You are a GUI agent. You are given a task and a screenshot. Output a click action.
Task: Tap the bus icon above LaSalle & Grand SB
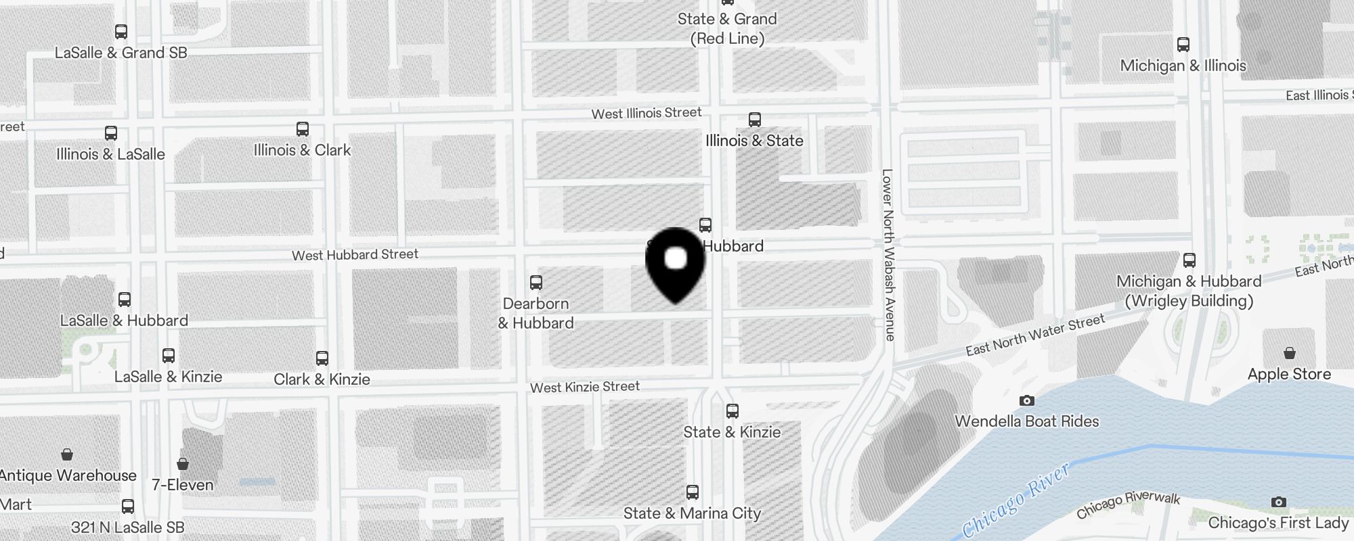tap(121, 32)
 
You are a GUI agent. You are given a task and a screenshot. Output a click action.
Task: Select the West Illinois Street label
tap(647, 113)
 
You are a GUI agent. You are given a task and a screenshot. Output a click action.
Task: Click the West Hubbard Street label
tap(355, 255)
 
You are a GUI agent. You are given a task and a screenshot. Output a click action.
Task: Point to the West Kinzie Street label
tap(585, 387)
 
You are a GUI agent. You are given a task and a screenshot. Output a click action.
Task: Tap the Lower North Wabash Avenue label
tap(888, 254)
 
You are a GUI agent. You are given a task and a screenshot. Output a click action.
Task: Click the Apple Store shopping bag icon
tap(1290, 354)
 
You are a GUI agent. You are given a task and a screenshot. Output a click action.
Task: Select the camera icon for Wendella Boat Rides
tap(1027, 401)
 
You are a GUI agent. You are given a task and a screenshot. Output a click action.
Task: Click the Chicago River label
tap(1016, 501)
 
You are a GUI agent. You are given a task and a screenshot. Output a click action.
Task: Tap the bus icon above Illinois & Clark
tap(303, 129)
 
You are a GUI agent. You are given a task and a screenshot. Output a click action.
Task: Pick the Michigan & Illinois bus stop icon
tap(1183, 45)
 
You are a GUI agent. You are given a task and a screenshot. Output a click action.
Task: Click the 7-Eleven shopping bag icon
tap(182, 464)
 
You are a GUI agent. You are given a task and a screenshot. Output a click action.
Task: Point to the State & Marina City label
tap(692, 513)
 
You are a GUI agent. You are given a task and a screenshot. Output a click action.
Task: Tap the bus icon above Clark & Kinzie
tap(322, 358)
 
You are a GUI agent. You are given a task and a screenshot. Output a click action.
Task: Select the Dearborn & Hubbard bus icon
tap(536, 283)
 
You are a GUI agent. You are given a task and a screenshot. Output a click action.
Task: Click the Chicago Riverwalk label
tap(1128, 504)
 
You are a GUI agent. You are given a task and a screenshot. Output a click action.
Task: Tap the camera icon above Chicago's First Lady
tap(1278, 502)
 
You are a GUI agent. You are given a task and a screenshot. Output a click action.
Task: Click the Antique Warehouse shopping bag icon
tap(67, 454)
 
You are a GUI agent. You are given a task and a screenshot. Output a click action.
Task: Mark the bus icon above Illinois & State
tap(755, 120)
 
